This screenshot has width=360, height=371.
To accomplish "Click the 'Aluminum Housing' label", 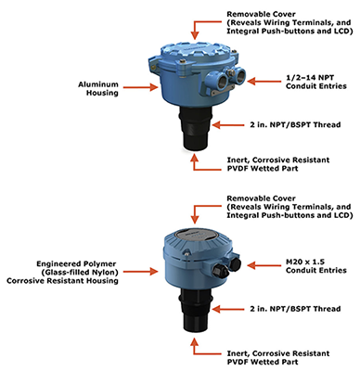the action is tap(98, 88).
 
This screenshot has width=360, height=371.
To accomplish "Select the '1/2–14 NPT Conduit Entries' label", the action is tap(316, 82).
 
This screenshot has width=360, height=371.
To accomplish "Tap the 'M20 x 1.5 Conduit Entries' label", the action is tap(316, 266).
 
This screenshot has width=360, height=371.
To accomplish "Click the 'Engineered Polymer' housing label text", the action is tap(76, 264).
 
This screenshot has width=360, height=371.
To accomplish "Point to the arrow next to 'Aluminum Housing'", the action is tap(141, 87).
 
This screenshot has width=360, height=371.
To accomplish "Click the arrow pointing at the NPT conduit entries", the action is tap(264, 82).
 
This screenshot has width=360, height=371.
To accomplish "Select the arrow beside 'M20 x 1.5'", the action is tap(264, 265).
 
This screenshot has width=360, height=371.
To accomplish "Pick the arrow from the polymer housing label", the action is tap(141, 272).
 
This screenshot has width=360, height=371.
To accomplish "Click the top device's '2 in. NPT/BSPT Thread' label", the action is tap(295, 124).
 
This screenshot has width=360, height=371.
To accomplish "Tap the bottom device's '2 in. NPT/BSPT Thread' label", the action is tap(295, 309).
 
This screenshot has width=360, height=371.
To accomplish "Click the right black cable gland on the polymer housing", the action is tap(236, 262).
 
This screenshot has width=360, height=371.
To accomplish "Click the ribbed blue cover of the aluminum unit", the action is tap(196, 53).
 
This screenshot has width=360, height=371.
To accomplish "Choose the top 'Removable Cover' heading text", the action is tap(261, 14).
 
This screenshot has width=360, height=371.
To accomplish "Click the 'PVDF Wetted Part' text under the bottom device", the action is tap(263, 362).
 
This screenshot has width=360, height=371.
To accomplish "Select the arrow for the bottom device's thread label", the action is tap(229, 309).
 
